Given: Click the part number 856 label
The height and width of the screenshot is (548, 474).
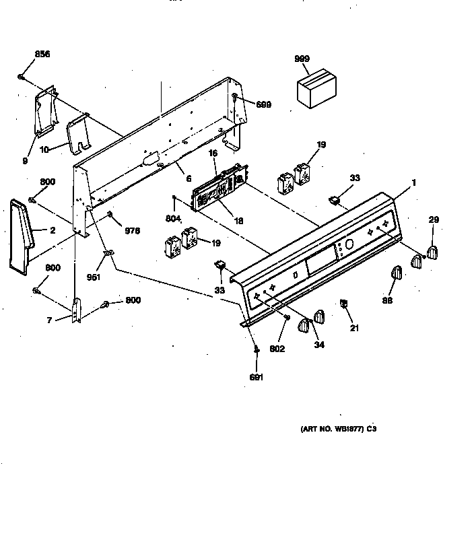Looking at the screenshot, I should [x=42, y=54].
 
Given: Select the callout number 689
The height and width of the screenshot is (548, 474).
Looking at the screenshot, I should [x=263, y=104].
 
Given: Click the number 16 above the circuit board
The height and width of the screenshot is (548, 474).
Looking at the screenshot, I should [x=213, y=154].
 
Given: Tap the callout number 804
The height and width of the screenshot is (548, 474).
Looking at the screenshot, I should [x=174, y=218].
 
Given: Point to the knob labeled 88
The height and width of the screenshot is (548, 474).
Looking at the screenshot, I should [x=395, y=274].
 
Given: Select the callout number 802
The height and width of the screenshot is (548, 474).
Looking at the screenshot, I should [x=278, y=349].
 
